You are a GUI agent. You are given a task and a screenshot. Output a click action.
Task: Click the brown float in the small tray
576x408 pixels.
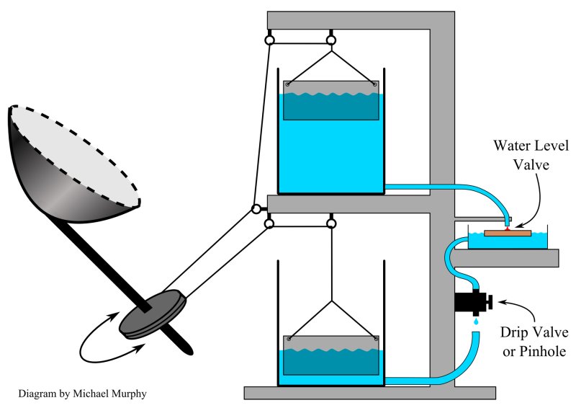(x=508, y=233)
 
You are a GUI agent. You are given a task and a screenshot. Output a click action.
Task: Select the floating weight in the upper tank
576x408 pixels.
(x=331, y=100)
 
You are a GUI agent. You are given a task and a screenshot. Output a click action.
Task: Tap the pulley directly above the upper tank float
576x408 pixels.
(x=331, y=40)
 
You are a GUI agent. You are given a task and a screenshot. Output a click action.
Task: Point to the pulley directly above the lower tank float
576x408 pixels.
(x=331, y=224)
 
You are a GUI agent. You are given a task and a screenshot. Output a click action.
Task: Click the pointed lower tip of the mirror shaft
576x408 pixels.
(x=190, y=351)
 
